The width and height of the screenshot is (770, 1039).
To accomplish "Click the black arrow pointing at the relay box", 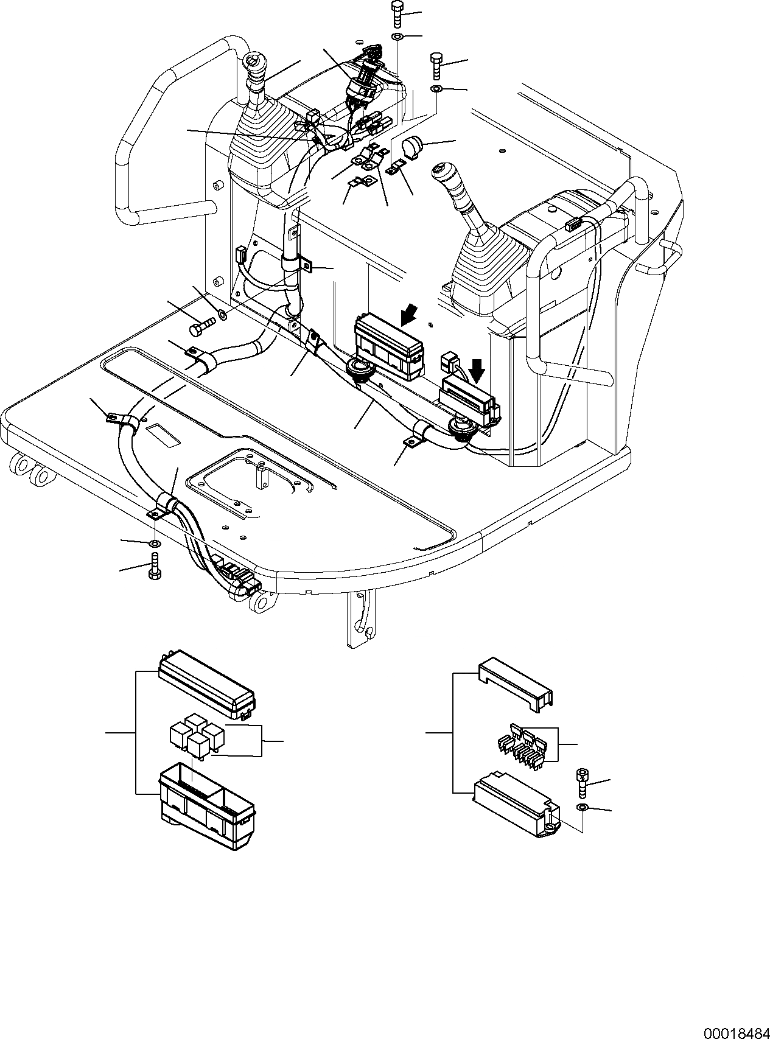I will (x=410, y=314).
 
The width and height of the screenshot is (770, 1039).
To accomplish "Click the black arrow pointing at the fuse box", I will (x=478, y=366).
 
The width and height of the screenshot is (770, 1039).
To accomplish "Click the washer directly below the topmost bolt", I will (x=397, y=38).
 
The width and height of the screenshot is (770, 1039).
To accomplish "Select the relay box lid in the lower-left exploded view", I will (x=205, y=682).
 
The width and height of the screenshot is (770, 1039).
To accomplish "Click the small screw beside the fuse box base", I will (x=582, y=782).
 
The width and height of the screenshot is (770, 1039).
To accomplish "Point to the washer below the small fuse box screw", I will (x=582, y=807).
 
